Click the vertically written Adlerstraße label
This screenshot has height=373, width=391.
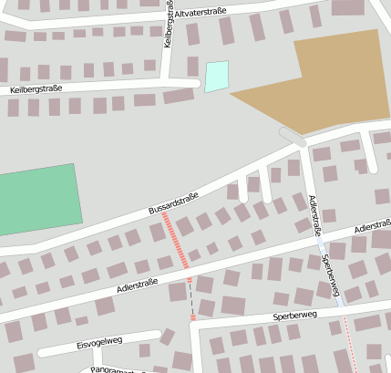314,215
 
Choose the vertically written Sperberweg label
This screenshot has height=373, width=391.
332,274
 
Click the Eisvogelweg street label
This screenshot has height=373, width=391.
99,342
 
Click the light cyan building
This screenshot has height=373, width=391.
216,76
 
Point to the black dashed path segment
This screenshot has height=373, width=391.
191,296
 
